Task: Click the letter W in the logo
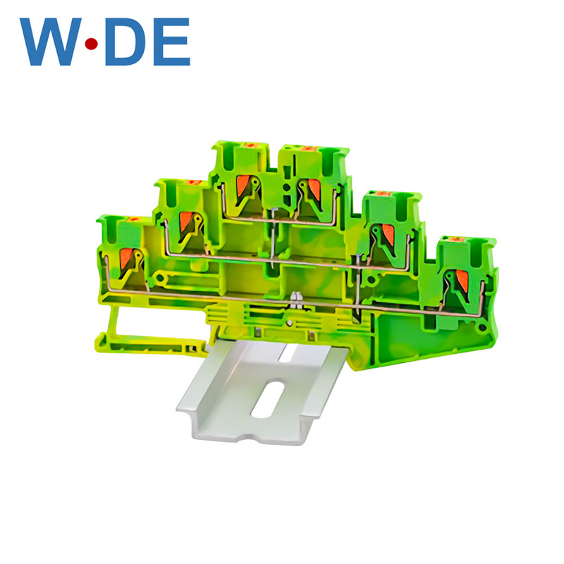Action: (x=51, y=42)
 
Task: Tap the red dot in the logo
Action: (x=92, y=44)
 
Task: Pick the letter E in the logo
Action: (x=171, y=42)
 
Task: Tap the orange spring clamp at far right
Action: (x=462, y=280)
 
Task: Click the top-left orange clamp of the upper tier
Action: (x=243, y=185)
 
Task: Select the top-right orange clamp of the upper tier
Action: (x=314, y=189)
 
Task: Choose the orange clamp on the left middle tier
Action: (x=186, y=221)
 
